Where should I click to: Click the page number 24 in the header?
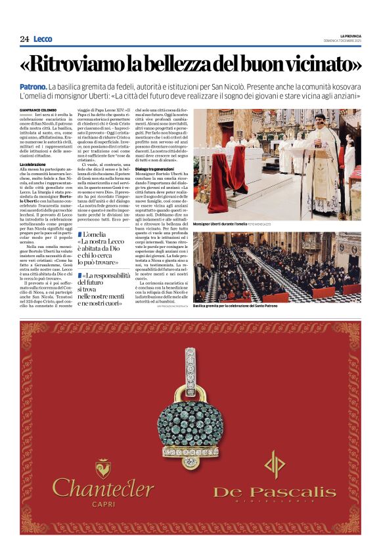24,39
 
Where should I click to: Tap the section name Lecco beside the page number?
43,39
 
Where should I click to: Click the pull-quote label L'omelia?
97,234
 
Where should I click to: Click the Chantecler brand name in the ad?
103,488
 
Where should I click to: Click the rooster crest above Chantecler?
103,467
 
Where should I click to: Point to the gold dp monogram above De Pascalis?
275,463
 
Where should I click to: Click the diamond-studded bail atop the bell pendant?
192,369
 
